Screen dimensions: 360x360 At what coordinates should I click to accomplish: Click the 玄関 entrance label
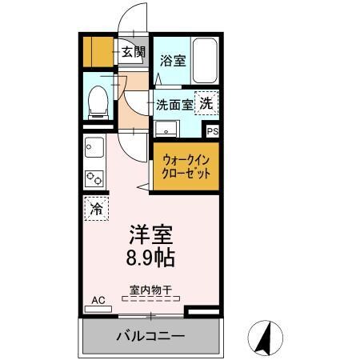[x=134, y=53]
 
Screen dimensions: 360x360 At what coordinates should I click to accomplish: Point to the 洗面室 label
[x=174, y=104]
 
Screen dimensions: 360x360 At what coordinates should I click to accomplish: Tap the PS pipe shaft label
[x=213, y=132]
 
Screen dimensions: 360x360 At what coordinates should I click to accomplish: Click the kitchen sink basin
[x=93, y=149]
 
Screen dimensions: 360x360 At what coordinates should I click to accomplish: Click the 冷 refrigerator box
[x=95, y=210]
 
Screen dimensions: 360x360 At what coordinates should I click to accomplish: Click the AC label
[x=98, y=300]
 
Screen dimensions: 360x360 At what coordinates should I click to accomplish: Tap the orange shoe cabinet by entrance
[x=99, y=52]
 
